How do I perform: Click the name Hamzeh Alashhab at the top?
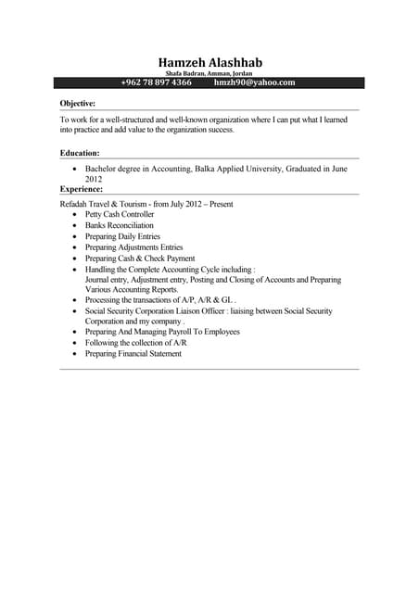pyautogui.click(x=209, y=62)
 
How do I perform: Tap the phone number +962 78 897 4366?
pyautogui.click(x=156, y=82)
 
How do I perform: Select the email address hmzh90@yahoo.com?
pyautogui.click(x=254, y=82)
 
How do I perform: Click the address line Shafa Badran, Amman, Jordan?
pyautogui.click(x=209, y=73)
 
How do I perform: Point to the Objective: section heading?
pyautogui.click(x=78, y=104)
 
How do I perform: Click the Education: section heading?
pyautogui.click(x=80, y=152)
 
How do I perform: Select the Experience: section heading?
pyautogui.click(x=82, y=188)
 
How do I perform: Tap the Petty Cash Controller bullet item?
pyautogui.click(x=120, y=214)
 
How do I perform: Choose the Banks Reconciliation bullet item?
pyautogui.click(x=120, y=225)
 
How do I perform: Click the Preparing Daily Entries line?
pyautogui.click(x=122, y=236)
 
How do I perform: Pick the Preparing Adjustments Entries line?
pyautogui.click(x=133, y=247)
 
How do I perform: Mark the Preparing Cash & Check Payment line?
pyautogui.click(x=140, y=259)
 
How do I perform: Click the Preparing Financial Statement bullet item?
pyautogui.click(x=133, y=353)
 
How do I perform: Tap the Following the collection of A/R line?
pyautogui.click(x=137, y=342)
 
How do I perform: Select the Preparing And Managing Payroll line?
pyautogui.click(x=162, y=331)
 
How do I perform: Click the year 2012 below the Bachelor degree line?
pyautogui.click(x=94, y=179)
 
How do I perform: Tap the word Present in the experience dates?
pyautogui.click(x=221, y=203)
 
